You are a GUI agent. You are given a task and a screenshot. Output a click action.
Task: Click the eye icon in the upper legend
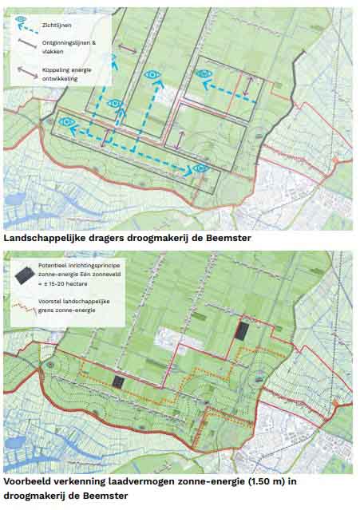21,18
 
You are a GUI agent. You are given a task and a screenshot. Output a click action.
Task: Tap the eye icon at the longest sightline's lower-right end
201,168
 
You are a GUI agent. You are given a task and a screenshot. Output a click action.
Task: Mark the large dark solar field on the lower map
242,330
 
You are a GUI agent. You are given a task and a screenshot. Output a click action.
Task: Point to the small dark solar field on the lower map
119,382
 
